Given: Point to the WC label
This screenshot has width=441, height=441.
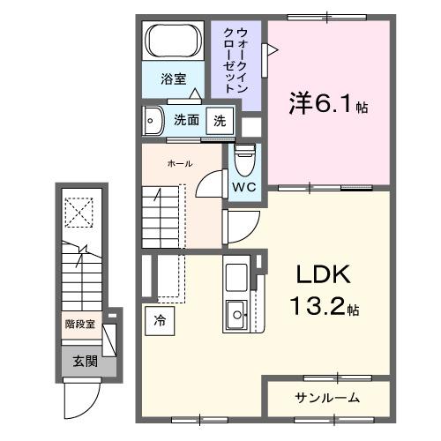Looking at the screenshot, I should pyautogui.click(x=243, y=186).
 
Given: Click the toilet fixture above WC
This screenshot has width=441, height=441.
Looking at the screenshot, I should pyautogui.click(x=244, y=158).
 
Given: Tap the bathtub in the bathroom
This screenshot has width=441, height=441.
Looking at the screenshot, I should pyautogui.click(x=173, y=41).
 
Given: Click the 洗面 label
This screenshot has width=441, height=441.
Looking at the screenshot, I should pyautogui.click(x=185, y=120).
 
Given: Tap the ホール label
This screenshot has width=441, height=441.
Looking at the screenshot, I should pyautogui.click(x=180, y=164).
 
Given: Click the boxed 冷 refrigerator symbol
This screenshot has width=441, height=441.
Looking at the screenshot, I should pyautogui.click(x=160, y=321).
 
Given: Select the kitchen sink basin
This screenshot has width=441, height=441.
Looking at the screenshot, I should pyautogui.click(x=237, y=310).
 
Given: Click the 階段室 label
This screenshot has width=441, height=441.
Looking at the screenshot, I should pyautogui.click(x=79, y=324).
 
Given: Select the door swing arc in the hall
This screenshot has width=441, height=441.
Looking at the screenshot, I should pyautogui.click(x=211, y=183).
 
